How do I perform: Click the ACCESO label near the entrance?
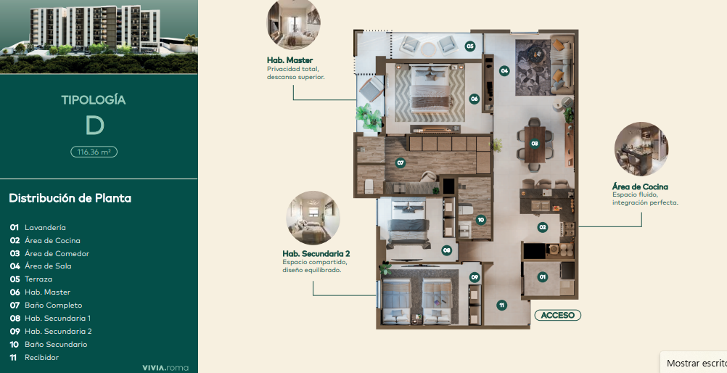point(557,316)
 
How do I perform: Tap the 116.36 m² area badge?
point(94,152)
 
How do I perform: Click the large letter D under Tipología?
point(94,126)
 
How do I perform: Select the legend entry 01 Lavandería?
point(38,227)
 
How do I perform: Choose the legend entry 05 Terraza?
point(31,279)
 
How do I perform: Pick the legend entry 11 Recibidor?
point(34,357)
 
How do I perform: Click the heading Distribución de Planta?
point(70,198)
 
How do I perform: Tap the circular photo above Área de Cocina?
point(641,149)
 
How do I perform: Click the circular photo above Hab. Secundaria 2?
point(313,218)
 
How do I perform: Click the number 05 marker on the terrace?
point(470,46)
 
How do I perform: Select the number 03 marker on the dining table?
point(535,144)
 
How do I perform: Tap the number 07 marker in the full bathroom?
point(401,163)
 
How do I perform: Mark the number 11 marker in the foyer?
point(501,306)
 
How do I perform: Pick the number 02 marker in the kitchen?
point(543,227)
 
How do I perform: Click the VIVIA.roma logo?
point(165,368)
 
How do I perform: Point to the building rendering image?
point(99,37)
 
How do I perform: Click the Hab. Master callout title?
point(289,60)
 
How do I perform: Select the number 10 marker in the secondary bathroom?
point(481,220)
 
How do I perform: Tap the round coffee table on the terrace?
point(428,47)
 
